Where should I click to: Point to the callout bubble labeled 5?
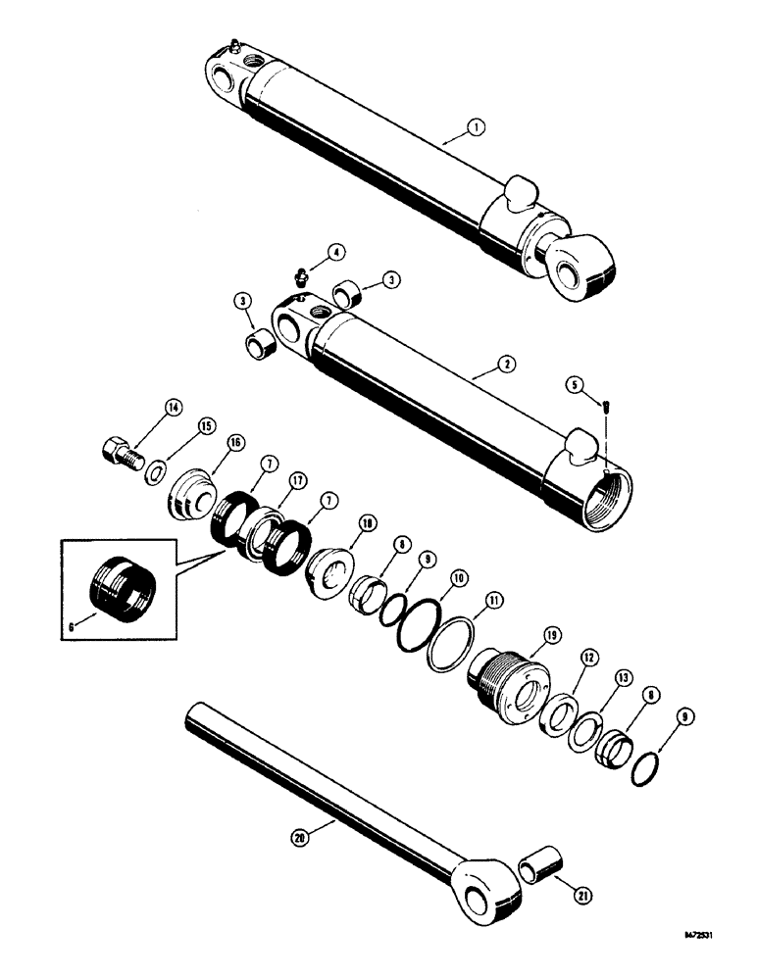coord(576,384)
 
